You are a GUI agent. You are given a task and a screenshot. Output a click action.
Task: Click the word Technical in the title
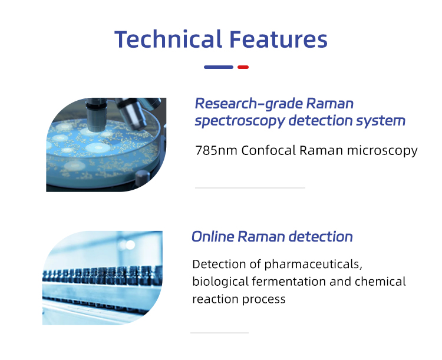click(167, 39)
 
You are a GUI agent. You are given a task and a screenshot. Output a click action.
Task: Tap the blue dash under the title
click(219, 67)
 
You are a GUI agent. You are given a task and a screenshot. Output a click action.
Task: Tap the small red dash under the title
click(243, 67)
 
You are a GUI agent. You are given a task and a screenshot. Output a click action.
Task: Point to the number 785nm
click(213, 150)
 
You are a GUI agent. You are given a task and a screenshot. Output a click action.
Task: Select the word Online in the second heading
click(213, 237)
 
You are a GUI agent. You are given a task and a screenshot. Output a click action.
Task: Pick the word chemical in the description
click(380, 282)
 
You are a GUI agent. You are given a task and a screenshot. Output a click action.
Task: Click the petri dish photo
click(106, 145)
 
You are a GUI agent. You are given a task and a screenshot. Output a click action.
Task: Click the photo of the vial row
click(102, 278)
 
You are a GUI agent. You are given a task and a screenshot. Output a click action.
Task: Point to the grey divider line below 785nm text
click(250, 188)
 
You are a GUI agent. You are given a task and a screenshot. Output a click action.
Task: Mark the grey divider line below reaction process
click(219, 333)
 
